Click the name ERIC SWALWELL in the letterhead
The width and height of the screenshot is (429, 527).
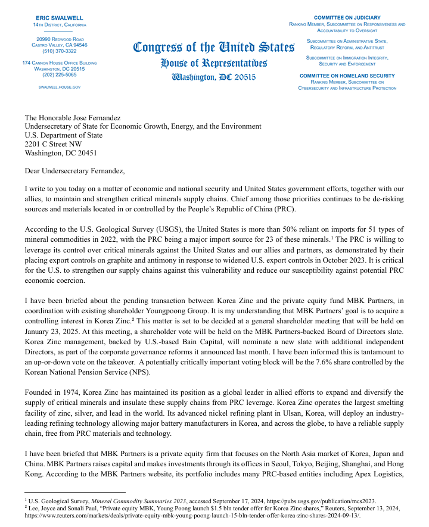point(60,18)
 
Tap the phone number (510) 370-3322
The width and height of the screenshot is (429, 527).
point(60,51)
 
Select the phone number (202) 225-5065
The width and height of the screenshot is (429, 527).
point(60,74)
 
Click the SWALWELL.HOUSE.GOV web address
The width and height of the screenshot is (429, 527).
point(60,87)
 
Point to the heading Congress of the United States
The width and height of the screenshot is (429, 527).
point(213,47)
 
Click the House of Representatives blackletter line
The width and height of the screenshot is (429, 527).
point(214,63)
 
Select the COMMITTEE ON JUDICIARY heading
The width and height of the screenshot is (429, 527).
point(347,18)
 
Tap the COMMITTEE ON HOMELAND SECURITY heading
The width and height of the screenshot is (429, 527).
point(347,76)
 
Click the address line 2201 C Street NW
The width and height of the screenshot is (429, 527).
point(53,144)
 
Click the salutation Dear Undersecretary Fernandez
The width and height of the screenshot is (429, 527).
point(75,171)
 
